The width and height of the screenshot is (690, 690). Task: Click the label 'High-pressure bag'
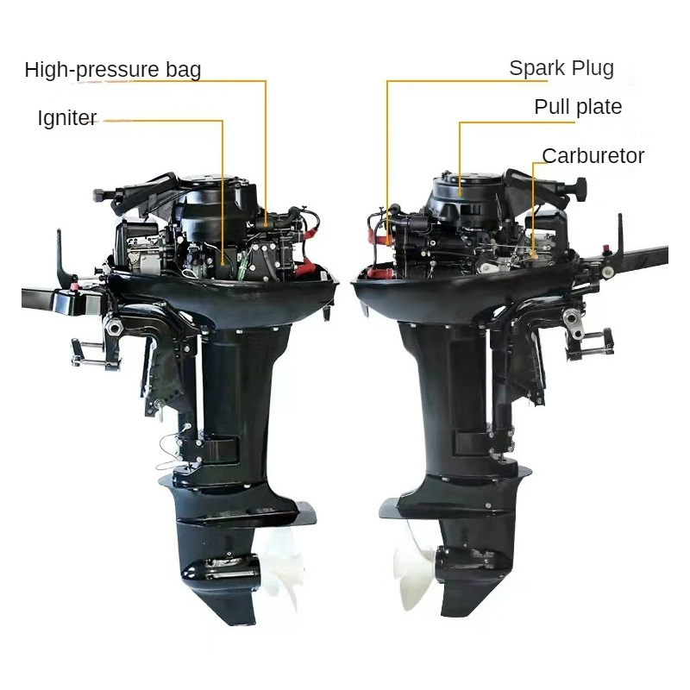pyautogui.click(x=113, y=70)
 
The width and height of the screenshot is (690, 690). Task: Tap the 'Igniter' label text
pyautogui.click(x=67, y=117)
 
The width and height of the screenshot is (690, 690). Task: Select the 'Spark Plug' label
pyautogui.click(x=561, y=68)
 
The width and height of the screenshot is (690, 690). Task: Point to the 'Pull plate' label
pyautogui.click(x=578, y=106)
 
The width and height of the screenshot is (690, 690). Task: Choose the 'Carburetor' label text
pyautogui.click(x=593, y=156)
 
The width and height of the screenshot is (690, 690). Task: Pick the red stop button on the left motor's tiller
pyautogui.click(x=73, y=288)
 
